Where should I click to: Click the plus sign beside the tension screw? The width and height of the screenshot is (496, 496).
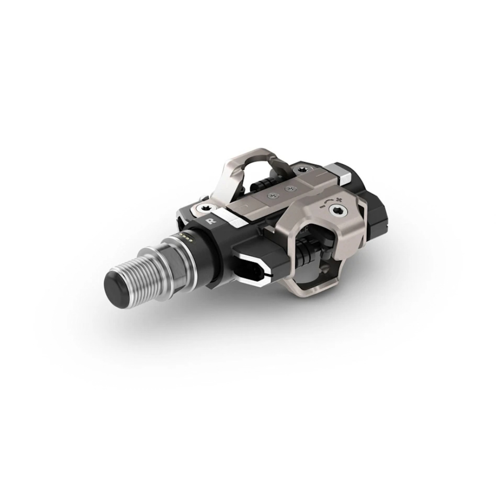tap(340, 200)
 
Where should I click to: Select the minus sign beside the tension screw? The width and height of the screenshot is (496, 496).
tap(322, 206)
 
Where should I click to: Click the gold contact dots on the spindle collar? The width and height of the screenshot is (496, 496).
tap(184, 235)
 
